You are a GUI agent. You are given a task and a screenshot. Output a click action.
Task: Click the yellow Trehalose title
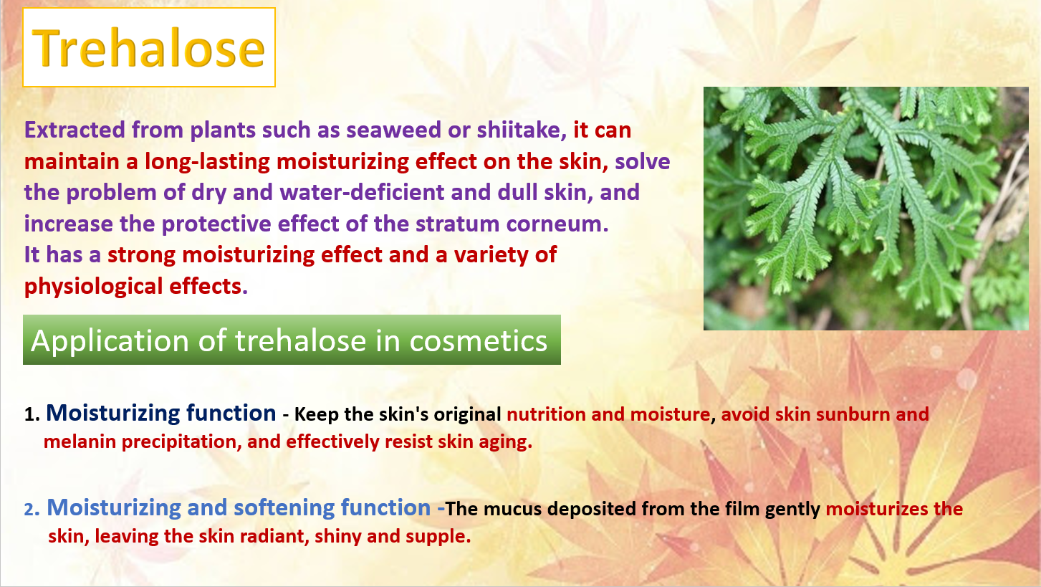[149, 48]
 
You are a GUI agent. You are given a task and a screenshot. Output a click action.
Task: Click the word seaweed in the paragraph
[393, 130]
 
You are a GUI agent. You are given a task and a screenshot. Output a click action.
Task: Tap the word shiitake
[522, 130]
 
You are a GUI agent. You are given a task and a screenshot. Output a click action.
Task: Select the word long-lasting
[207, 162]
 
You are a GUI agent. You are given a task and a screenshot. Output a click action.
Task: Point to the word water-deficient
[362, 192]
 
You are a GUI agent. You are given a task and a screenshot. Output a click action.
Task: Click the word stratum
[457, 224]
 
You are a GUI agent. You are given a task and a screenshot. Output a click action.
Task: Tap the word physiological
[93, 287]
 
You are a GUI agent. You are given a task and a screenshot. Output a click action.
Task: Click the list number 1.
[32, 414]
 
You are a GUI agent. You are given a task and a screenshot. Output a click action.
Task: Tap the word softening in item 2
[284, 508]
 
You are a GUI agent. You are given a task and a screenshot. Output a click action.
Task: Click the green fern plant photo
[865, 209]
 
